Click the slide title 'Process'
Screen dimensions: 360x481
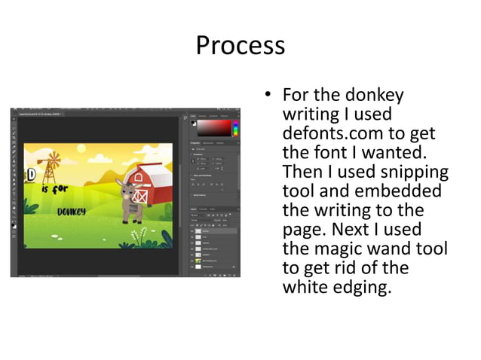tap(240, 45)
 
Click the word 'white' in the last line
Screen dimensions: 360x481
tap(305, 288)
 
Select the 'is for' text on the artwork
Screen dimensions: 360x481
tap(54, 189)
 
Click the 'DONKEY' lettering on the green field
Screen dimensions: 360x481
tap(72, 211)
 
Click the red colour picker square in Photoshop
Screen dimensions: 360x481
tap(215, 127)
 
